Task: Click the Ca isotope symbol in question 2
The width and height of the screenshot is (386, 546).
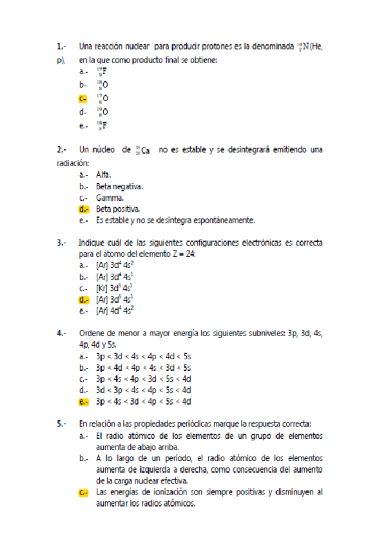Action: pos(143,151)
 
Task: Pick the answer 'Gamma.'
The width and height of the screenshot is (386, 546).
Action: pos(110,198)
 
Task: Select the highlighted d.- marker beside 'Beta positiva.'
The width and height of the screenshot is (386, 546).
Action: pos(83,209)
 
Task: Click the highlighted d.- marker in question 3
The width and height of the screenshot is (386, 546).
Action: pos(83,299)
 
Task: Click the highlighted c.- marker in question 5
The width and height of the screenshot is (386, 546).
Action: pos(83,493)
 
